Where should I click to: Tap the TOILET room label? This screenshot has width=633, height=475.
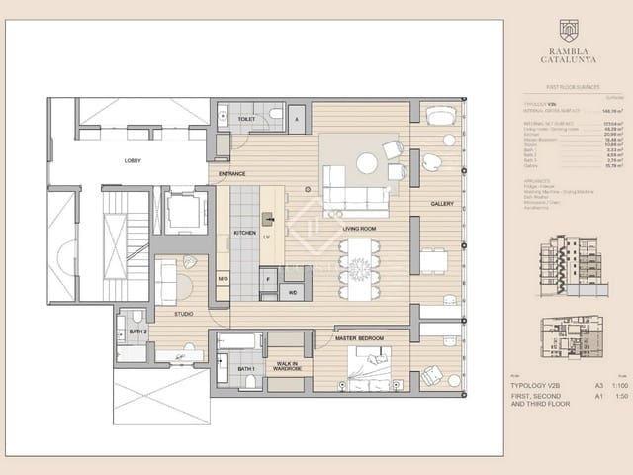click(246, 119)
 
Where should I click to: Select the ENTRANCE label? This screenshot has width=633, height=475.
click(232, 174)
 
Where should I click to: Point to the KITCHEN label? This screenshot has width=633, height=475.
click(244, 233)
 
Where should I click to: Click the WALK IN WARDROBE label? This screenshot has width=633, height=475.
click(287, 367)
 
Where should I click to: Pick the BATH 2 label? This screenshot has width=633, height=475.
click(137, 331)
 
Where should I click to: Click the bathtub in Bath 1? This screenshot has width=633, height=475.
click(240, 342)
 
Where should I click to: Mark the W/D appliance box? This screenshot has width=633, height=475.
click(293, 292)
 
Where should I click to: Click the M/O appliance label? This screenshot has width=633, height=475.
click(223, 279)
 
